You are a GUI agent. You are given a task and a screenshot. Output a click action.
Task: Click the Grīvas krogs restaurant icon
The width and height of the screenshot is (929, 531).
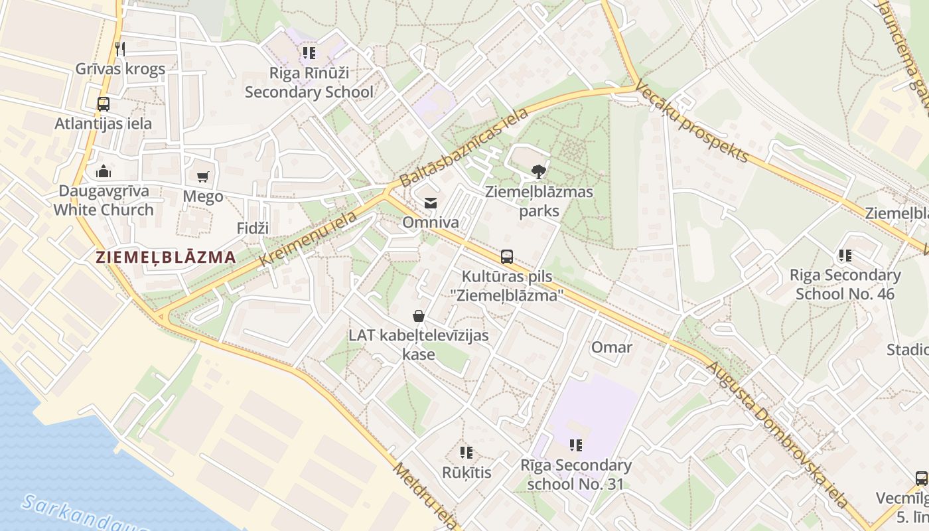pyautogui.click(x=120, y=48)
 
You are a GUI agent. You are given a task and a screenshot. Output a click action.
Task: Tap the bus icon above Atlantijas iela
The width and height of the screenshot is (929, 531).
pyautogui.click(x=103, y=104)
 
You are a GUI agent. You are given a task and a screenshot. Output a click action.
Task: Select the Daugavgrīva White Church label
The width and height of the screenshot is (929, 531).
pyautogui.click(x=103, y=200)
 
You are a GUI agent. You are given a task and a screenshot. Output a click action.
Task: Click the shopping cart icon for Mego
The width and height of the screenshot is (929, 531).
pyautogui.click(x=203, y=177)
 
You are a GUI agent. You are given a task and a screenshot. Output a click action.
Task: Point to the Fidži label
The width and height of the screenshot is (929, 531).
pyautogui.click(x=253, y=228)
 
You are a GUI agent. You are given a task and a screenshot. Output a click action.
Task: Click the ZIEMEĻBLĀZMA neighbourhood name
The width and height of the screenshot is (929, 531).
pyautogui.click(x=165, y=258)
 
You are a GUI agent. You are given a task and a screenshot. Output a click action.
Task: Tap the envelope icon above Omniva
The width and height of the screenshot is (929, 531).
pyautogui.click(x=431, y=202)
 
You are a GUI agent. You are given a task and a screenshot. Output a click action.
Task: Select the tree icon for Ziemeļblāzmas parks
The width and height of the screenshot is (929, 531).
pyautogui.click(x=539, y=173)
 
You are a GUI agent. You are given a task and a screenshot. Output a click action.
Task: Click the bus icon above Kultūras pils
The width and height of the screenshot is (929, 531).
pyautogui.click(x=507, y=256)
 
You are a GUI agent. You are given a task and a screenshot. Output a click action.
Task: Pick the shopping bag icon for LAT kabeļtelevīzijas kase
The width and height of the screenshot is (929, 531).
pyautogui.click(x=419, y=315)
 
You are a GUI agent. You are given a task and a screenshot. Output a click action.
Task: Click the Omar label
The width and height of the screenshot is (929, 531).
pyautogui.click(x=611, y=347)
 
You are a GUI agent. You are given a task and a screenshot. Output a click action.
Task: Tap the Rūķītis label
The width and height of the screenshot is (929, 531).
pyautogui.click(x=466, y=473)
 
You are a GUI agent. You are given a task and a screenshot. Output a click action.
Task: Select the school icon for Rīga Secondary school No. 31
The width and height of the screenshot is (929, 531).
pyautogui.click(x=575, y=445)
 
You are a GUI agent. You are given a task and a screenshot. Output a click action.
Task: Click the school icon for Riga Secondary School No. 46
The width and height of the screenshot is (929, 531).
pyautogui.click(x=845, y=255)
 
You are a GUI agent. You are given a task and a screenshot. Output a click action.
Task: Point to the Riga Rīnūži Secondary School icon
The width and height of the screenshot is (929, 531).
pyautogui.click(x=309, y=52)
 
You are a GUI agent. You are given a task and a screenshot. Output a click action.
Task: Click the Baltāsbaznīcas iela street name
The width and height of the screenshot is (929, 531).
pyautogui.click(x=464, y=147)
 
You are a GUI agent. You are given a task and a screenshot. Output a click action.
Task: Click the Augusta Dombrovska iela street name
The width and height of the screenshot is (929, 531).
pyautogui.click(x=776, y=435)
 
